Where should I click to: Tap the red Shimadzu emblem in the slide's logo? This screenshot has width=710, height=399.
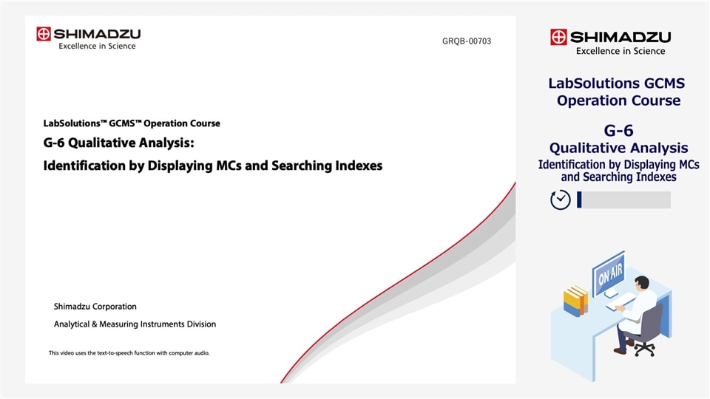click(x=44, y=34)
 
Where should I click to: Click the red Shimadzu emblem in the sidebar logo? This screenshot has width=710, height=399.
click(x=558, y=37)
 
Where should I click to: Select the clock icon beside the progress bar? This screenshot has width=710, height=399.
click(x=561, y=199)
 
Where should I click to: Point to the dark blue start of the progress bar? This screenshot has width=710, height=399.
click(x=579, y=199)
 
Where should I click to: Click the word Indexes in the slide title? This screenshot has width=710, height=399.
click(x=357, y=166)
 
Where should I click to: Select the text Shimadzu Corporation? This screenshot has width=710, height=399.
click(x=95, y=307)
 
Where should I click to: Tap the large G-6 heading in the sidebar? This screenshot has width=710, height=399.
click(x=618, y=131)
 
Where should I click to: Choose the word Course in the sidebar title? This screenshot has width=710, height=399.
click(x=655, y=100)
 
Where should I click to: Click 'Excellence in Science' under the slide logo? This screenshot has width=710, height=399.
click(x=97, y=47)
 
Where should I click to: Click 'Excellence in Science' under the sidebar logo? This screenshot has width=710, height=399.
click(x=620, y=51)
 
